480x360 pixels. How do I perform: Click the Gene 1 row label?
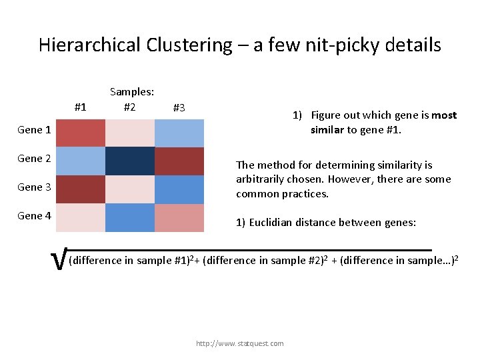pyautogui.click(x=35, y=130)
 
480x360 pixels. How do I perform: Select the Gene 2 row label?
pyautogui.click(x=35, y=159)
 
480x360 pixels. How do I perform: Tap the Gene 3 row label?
pyautogui.click(x=35, y=187)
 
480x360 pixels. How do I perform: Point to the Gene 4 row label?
pyautogui.click(x=35, y=216)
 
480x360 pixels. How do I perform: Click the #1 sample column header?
pyautogui.click(x=81, y=107)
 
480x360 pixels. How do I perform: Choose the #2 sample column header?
pyautogui.click(x=129, y=107)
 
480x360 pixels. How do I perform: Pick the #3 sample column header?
pyautogui.click(x=179, y=107)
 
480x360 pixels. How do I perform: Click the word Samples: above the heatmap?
pyautogui.click(x=132, y=93)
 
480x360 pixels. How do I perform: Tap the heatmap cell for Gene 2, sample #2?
pyautogui.click(x=129, y=161)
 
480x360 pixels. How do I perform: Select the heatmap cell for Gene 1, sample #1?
pyautogui.click(x=81, y=132)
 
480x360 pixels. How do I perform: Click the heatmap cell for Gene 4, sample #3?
pyautogui.click(x=179, y=217)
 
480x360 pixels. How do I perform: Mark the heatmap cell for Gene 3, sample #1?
pyautogui.click(x=81, y=189)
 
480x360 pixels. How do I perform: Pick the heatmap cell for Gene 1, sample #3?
pyautogui.click(x=179, y=132)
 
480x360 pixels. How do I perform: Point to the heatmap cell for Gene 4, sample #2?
pyautogui.click(x=129, y=217)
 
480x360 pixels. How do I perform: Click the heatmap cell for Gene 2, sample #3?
pyautogui.click(x=179, y=161)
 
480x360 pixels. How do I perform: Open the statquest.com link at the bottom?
pyautogui.click(x=239, y=343)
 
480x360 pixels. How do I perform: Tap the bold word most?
pyautogui.click(x=444, y=115)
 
